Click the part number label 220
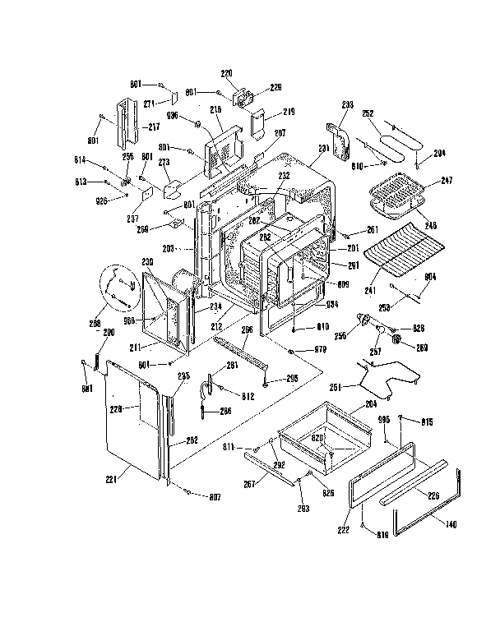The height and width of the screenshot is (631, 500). (x=225, y=72)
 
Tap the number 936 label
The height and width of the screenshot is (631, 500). (x=172, y=116)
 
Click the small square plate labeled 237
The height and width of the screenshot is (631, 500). (x=148, y=194)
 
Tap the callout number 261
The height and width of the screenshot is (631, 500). (x=373, y=230)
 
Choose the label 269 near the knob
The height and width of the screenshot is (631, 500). (x=421, y=348)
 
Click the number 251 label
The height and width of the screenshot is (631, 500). (x=336, y=386)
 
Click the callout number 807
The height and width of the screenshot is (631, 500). (x=215, y=497)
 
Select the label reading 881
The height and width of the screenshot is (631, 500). (x=86, y=388)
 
